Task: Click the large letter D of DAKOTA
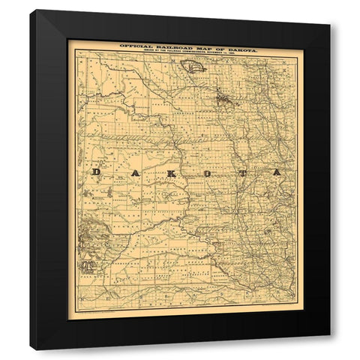point(95,172)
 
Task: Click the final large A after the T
point(277,172)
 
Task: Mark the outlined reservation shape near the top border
point(193,67)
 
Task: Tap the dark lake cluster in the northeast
point(221,97)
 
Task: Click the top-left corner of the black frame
point(31,11)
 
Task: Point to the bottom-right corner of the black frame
point(329,349)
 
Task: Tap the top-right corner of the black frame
point(329,11)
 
